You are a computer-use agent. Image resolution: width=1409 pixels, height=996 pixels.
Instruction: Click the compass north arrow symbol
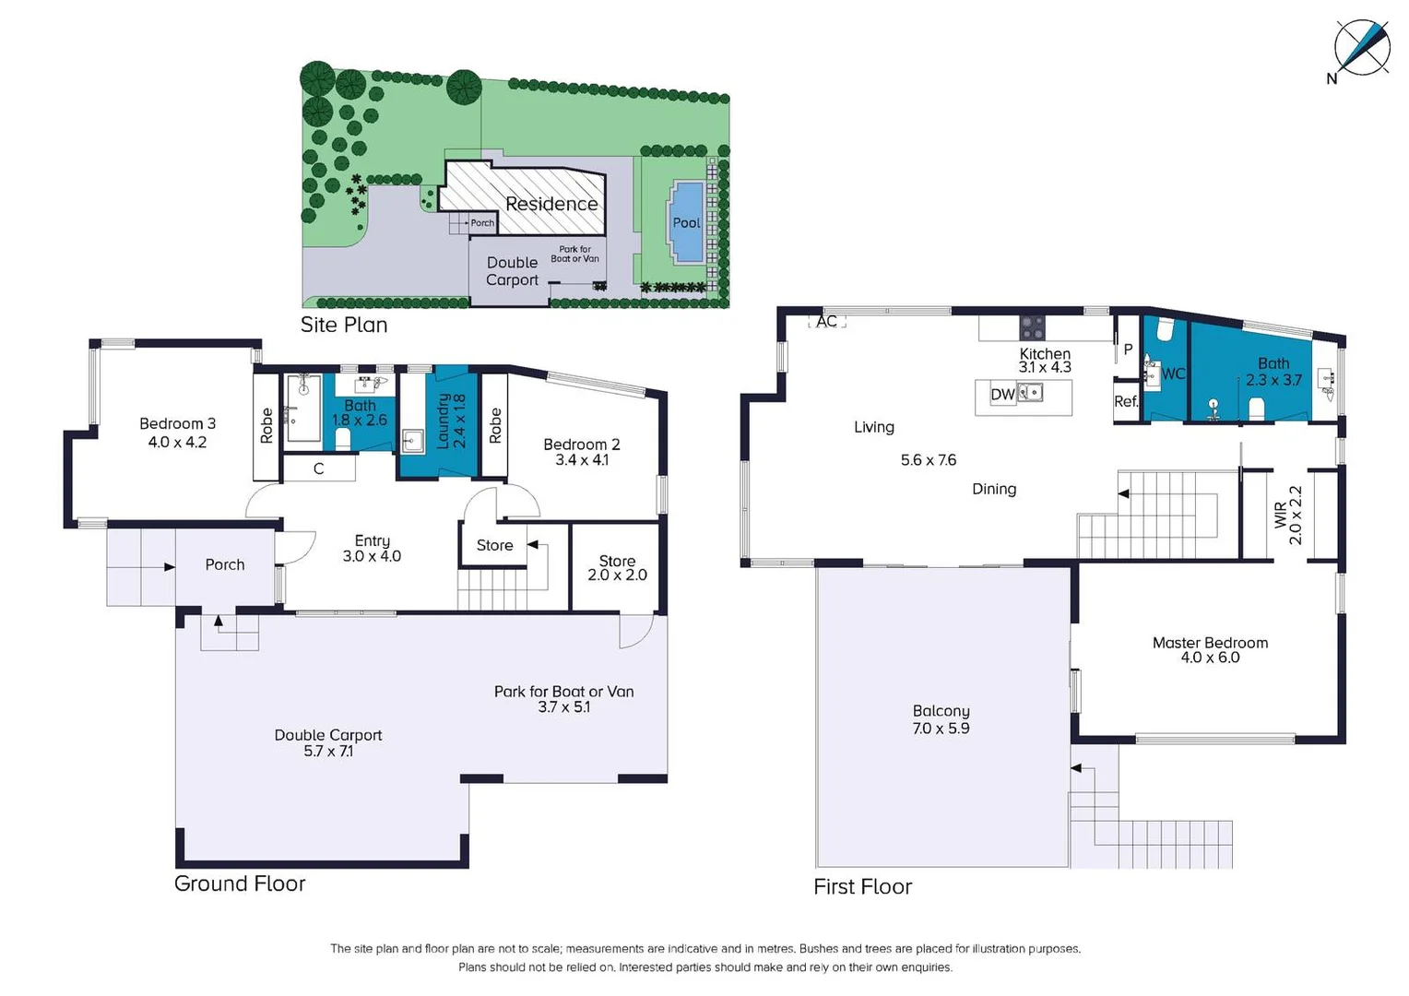pos(1362,47)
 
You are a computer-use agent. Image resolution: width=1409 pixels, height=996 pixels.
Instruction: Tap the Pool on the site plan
pos(686,222)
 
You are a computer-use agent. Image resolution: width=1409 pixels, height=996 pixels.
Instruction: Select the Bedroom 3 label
pos(177,433)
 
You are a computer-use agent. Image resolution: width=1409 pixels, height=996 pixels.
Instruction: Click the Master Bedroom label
pos(1210,649)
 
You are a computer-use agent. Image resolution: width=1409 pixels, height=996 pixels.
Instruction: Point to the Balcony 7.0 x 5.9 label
pos(941,719)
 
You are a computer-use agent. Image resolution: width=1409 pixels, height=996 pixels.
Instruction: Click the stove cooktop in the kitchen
pos(1032,327)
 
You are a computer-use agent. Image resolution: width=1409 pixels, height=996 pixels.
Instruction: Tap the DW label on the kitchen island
pos(1002,395)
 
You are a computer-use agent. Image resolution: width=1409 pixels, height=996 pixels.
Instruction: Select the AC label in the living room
pos(826,321)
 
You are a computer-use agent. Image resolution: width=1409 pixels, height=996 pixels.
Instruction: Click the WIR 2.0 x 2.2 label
pos(1287,515)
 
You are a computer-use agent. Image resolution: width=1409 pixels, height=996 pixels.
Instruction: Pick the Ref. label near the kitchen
pos(1125,401)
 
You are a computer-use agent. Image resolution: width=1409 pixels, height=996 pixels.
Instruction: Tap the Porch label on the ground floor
pos(224,564)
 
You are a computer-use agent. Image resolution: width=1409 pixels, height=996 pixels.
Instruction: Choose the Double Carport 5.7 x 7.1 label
pos(327,742)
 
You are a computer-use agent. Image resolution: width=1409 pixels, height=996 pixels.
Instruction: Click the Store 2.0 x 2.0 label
pos(617,567)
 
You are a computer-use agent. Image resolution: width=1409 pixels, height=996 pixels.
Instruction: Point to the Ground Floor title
pos(240,883)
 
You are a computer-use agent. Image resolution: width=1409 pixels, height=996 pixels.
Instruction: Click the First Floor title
pos(862,886)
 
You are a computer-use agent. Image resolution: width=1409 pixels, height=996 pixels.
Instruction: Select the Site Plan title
pos(343,325)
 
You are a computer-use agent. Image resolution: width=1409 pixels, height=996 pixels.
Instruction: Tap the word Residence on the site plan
pos(551,204)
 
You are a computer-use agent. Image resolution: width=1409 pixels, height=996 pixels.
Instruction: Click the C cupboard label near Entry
pos(318,468)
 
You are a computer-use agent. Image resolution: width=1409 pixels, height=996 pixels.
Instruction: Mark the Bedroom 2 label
pos(581,452)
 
